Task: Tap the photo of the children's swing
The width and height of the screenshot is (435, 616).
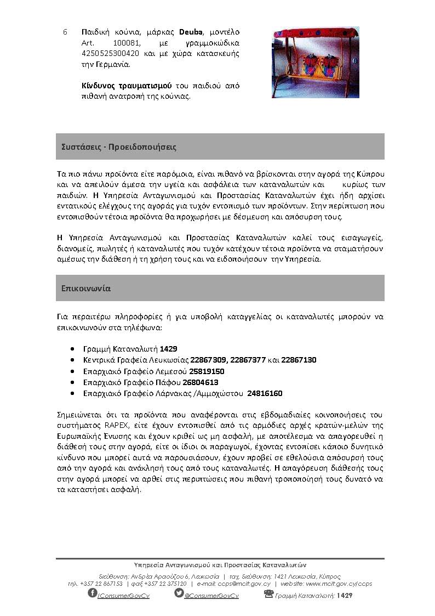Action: click(x=315, y=62)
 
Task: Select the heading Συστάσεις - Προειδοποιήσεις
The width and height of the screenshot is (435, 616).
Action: click(x=119, y=148)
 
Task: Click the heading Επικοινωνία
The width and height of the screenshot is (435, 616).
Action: click(x=83, y=287)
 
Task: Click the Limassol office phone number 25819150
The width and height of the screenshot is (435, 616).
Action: click(x=207, y=371)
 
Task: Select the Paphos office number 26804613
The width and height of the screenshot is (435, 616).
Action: click(x=201, y=382)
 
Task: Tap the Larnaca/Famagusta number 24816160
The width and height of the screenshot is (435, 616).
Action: click(x=265, y=394)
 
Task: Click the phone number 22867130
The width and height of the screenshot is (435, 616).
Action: click(x=299, y=360)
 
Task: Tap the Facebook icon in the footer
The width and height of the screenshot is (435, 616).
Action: click(x=93, y=594)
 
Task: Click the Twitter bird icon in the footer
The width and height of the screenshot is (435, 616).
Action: click(x=179, y=594)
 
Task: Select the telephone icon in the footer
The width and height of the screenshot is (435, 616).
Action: click(x=268, y=594)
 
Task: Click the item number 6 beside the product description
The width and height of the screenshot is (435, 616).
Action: click(x=65, y=32)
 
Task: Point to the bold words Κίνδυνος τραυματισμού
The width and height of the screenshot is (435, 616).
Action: click(x=118, y=86)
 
